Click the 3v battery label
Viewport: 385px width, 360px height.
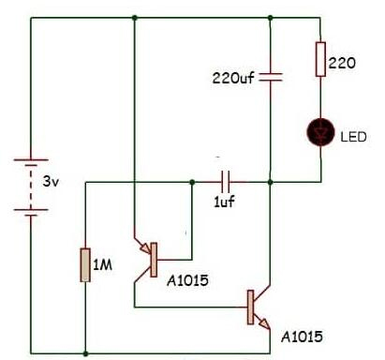[51, 181]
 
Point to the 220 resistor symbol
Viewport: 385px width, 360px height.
[320, 59]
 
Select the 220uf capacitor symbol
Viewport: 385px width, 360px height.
[270, 77]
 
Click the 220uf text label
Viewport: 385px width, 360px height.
[232, 77]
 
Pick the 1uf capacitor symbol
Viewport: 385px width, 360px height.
[225, 180]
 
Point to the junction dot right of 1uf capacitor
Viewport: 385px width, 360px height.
[270, 180]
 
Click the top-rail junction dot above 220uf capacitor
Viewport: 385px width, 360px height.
[270, 18]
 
